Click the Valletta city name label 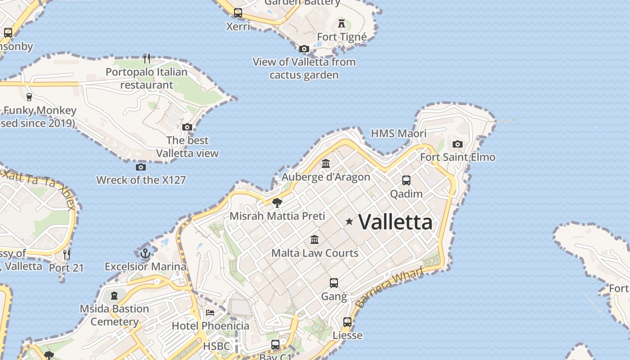coord(396,222)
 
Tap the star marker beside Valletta coord(349,221)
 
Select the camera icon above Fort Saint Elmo coord(458,144)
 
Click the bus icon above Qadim coord(406,180)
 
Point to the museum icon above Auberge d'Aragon coord(326,163)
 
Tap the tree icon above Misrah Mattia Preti coord(277,202)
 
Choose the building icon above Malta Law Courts coord(315,239)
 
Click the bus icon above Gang coord(333,283)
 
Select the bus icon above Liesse coord(347,322)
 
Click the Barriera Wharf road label coord(389,287)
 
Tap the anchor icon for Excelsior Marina coord(145,253)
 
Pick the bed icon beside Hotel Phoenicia coord(210,312)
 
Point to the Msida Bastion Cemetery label coord(114,315)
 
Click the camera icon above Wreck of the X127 coord(141,167)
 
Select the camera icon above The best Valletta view coord(187,127)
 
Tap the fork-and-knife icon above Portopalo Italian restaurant coord(147,58)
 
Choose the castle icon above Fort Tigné coord(342,23)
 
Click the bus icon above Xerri coord(238,13)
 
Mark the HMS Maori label coord(398,133)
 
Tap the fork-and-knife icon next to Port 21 coord(67,255)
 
